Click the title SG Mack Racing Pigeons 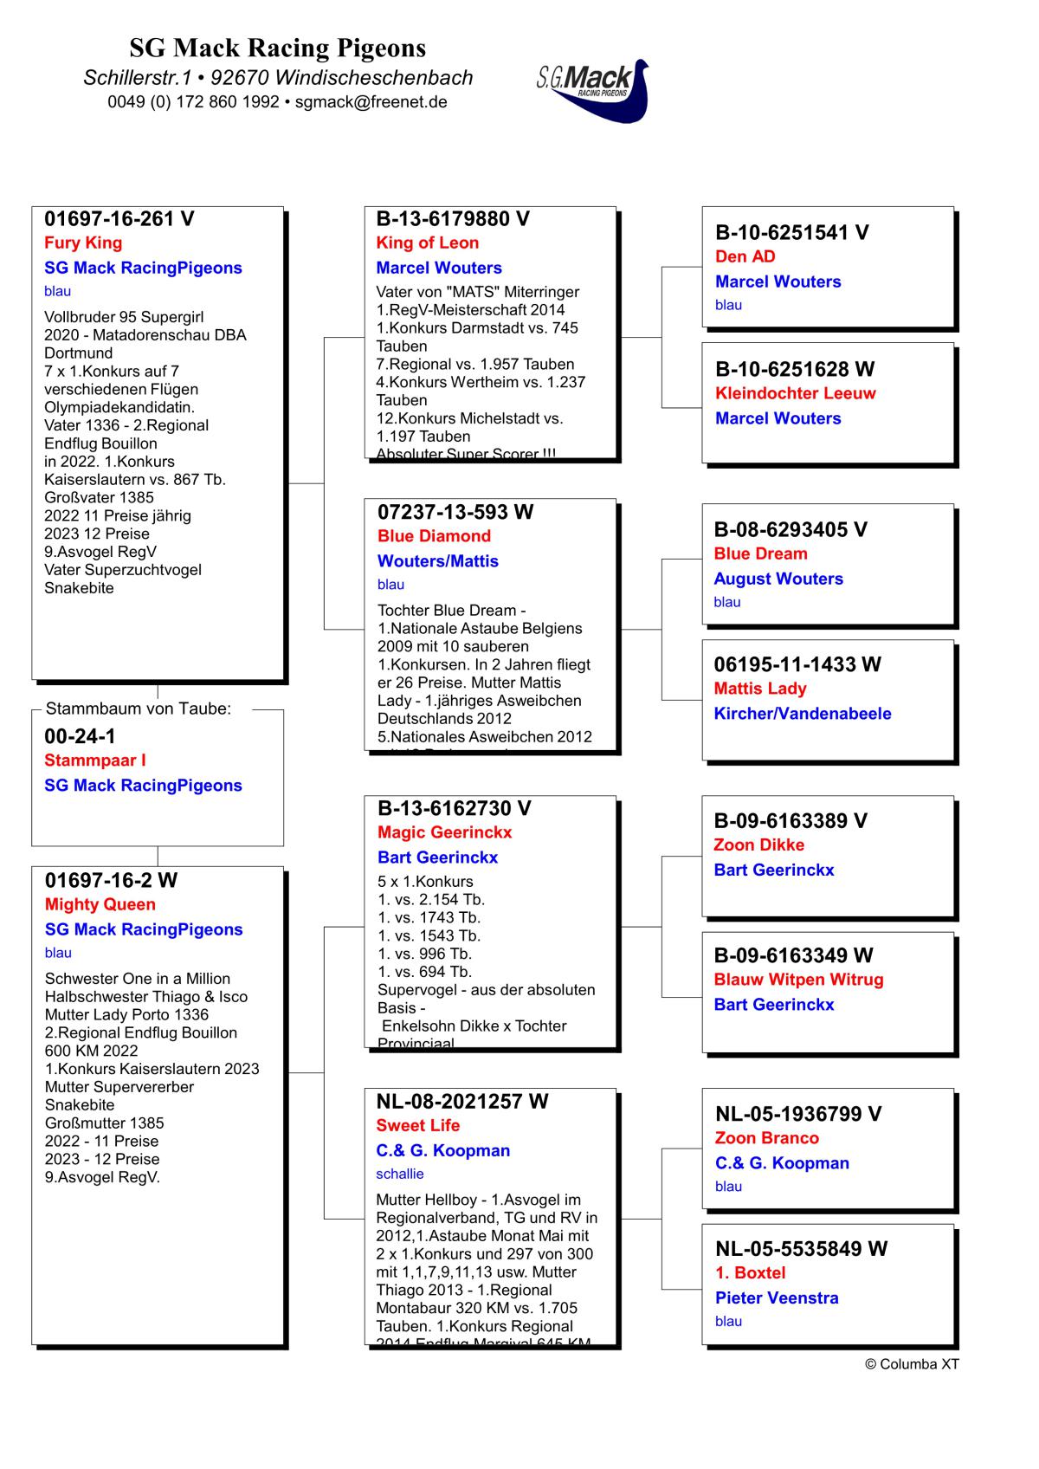[x=278, y=48]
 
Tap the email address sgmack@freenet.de [x=371, y=102]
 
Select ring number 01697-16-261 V [x=119, y=219]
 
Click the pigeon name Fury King [x=83, y=243]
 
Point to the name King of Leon [x=427, y=243]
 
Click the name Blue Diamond [x=434, y=536]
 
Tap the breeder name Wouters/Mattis [x=437, y=561]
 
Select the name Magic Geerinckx [x=444, y=832]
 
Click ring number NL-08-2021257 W [x=461, y=1102]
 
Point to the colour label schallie [x=400, y=1174]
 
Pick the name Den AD [x=745, y=257]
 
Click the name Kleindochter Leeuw [x=795, y=393]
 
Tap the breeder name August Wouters [x=778, y=579]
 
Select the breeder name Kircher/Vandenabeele [x=802, y=714]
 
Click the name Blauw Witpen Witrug [x=798, y=980]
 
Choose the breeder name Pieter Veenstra [x=777, y=1298]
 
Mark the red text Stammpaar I [x=95, y=760]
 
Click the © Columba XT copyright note [x=912, y=1364]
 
